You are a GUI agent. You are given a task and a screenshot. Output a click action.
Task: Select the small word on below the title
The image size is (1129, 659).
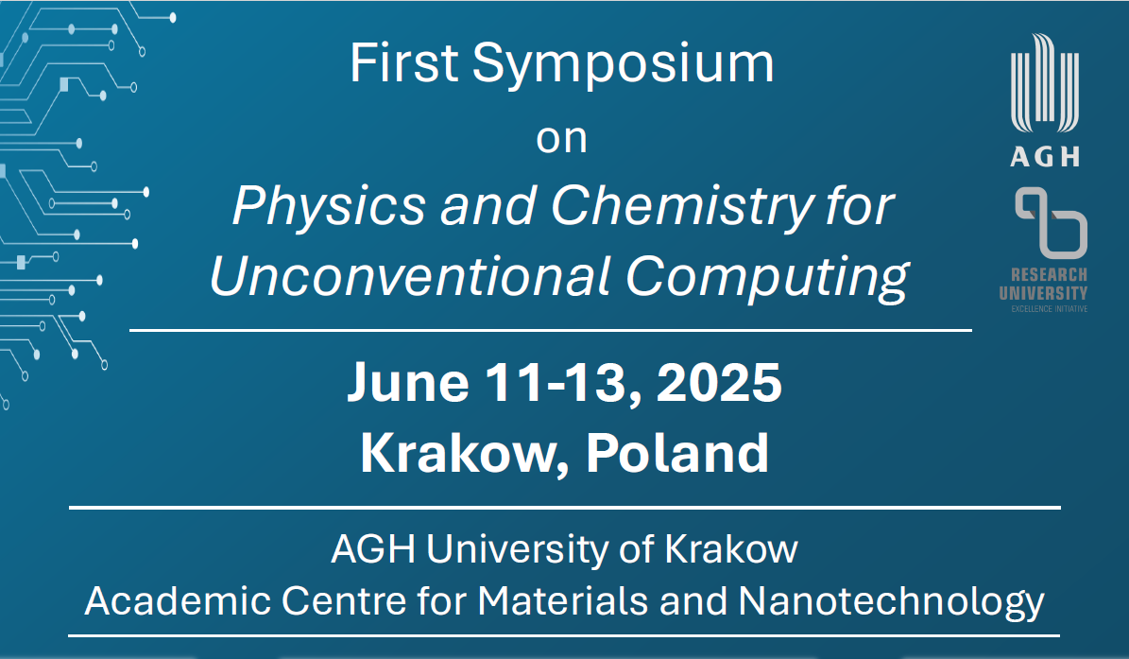(x=561, y=139)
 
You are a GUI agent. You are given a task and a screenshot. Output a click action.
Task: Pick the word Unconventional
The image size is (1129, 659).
(x=410, y=277)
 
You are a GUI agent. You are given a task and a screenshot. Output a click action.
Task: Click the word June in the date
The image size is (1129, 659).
(x=408, y=382)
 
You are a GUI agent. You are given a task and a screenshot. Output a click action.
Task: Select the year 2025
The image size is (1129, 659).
(x=719, y=382)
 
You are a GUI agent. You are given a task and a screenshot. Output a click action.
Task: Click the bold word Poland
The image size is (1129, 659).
(x=676, y=452)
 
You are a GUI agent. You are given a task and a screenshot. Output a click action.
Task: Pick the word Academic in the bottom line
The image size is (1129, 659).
(x=178, y=600)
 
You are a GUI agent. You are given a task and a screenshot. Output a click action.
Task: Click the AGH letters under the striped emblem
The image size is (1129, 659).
(x=1045, y=156)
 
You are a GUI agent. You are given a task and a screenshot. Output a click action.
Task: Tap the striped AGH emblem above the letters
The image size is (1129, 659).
(x=1045, y=83)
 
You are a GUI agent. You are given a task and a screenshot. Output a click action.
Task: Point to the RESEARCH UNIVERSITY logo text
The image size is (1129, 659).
(x=1043, y=284)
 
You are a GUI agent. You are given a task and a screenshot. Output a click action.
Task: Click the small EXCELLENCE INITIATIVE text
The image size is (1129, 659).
(x=1049, y=309)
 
